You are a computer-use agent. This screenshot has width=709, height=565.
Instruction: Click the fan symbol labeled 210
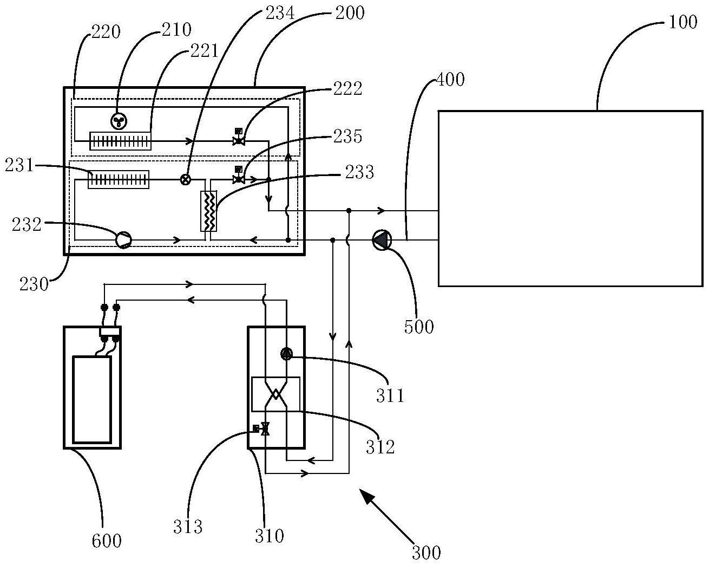pyautogui.click(x=119, y=121)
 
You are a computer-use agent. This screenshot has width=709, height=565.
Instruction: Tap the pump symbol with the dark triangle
pyautogui.click(x=382, y=240)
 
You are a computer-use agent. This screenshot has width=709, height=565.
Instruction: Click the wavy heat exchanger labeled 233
pyautogui.click(x=208, y=211)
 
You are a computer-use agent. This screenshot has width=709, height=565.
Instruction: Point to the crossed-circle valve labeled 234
pyautogui.click(x=186, y=180)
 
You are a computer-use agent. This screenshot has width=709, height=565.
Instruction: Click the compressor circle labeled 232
pyautogui.click(x=123, y=239)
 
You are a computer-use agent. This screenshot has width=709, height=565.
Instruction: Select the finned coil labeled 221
pyautogui.click(x=121, y=141)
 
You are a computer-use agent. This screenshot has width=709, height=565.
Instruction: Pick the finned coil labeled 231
pyautogui.click(x=119, y=180)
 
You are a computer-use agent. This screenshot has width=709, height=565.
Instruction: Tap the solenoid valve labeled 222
pyautogui.click(x=239, y=138)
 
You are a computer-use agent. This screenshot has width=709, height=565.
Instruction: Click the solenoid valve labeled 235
pyautogui.click(x=238, y=176)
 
